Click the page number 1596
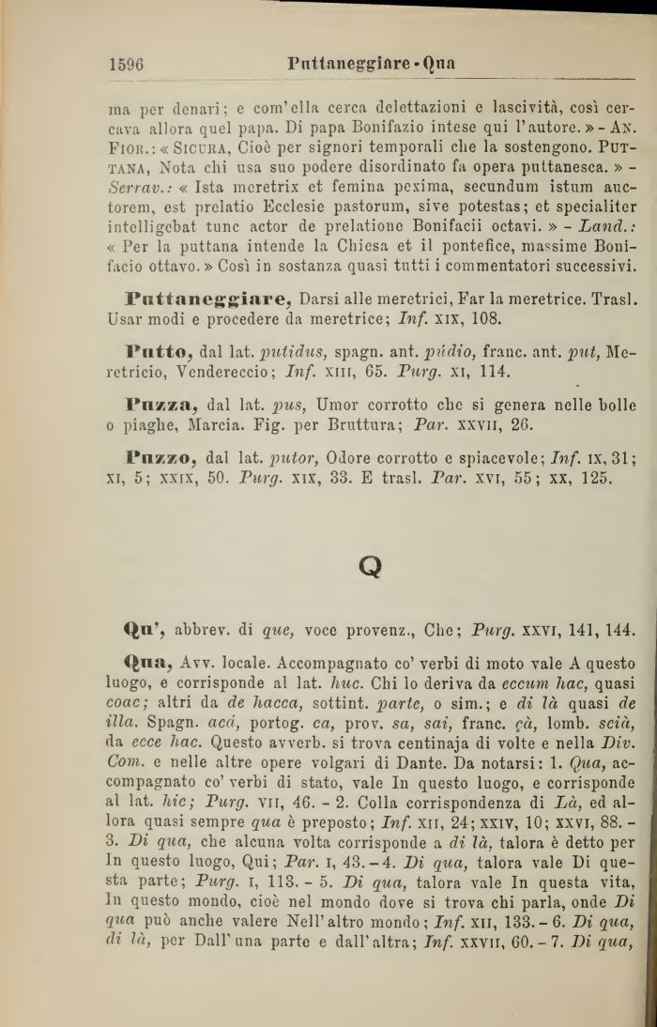click(x=127, y=65)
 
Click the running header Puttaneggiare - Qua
click(x=374, y=65)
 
